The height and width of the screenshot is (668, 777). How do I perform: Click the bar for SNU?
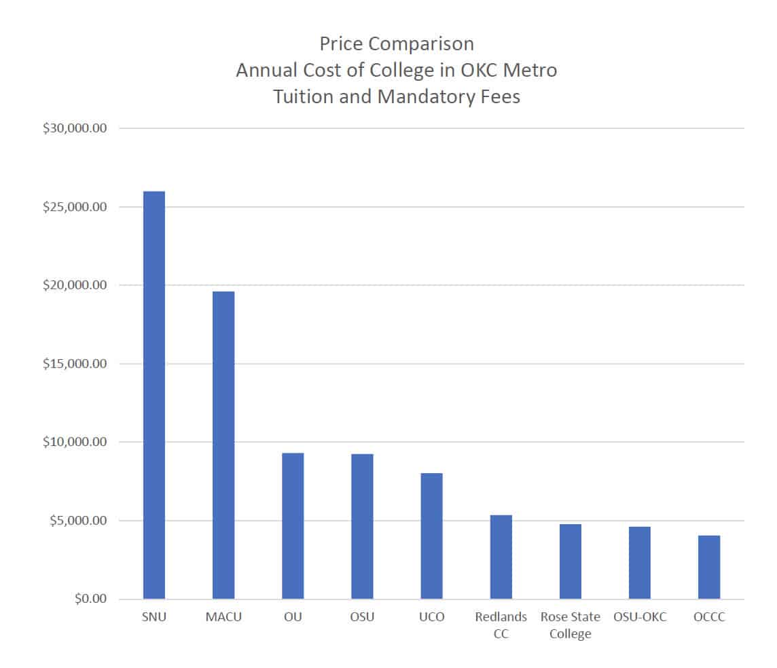[153, 395]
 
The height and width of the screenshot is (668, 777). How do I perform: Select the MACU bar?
[223, 445]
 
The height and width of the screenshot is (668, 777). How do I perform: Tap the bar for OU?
[293, 526]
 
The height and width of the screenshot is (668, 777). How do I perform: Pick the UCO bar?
[431, 536]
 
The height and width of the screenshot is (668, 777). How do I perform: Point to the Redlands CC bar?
[501, 557]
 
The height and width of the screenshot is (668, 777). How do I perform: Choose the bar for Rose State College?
[571, 561]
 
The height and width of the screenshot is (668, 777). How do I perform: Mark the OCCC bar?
[709, 568]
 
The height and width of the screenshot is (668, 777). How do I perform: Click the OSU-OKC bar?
[640, 563]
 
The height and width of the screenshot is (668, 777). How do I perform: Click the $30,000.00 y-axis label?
[71, 128]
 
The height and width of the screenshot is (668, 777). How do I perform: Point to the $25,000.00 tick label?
[71, 207]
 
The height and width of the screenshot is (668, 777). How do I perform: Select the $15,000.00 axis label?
[71, 364]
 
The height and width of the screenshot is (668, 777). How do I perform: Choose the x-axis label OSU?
[362, 617]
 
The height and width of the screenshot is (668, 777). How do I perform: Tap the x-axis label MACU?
[223, 617]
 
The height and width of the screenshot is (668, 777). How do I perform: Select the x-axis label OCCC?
[709, 617]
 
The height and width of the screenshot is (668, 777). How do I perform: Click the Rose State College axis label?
[571, 625]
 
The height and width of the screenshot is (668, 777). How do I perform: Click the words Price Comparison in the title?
[397, 44]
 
